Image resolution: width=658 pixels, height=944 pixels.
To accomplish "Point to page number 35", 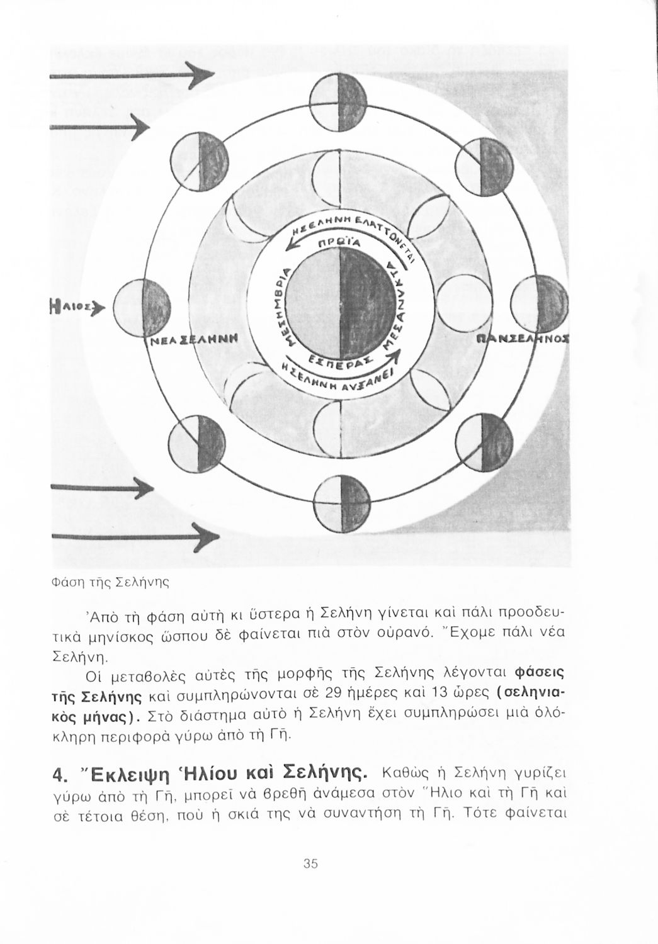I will [309, 863].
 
